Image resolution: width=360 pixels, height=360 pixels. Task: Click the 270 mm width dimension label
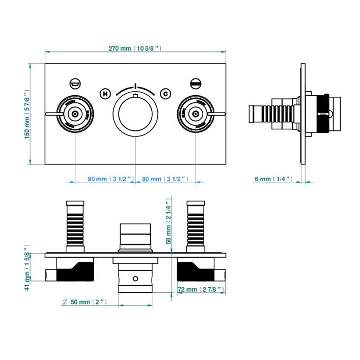pyautogui.click(x=135, y=49)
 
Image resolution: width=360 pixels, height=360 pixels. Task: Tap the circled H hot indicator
pyautogui.click(x=105, y=93)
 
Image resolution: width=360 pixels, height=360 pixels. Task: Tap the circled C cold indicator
pyautogui.click(x=165, y=93)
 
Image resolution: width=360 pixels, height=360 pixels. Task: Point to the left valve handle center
pyautogui.click(x=75, y=114)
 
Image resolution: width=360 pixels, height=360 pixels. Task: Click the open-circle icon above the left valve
pyautogui.click(x=75, y=83)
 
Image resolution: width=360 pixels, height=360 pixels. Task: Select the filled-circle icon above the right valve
pyautogui.click(x=196, y=83)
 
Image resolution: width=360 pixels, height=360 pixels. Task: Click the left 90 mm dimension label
pyautogui.click(x=110, y=179)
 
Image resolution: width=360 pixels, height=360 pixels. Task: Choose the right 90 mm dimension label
pyautogui.click(x=165, y=179)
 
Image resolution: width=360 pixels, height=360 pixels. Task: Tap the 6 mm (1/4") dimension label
pyautogui.click(x=274, y=179)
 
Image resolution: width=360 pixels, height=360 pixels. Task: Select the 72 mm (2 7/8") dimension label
pyautogui.click(x=201, y=289)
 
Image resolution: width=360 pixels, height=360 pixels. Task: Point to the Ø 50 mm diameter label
pyautogui.click(x=85, y=302)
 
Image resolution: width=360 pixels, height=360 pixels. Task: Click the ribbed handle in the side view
pyautogui.click(x=271, y=113)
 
